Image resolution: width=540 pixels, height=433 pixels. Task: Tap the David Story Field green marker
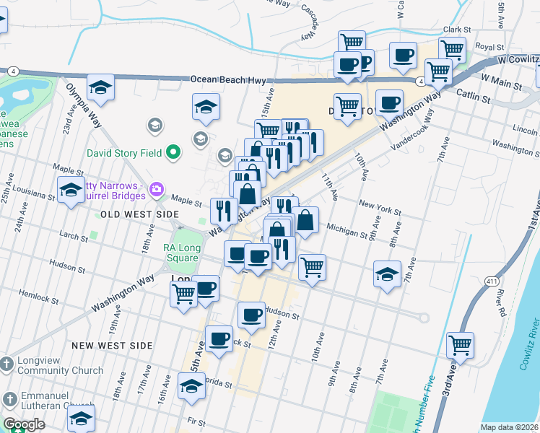[172, 152]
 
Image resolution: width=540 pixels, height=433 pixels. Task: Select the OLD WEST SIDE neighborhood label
[139, 214]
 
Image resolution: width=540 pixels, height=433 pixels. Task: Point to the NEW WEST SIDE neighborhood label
[112, 346]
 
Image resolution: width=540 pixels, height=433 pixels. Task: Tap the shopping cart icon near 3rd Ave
[460, 345]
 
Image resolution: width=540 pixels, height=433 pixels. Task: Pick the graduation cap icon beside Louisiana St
[70, 191]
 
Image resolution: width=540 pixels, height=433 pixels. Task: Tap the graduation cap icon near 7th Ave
[388, 274]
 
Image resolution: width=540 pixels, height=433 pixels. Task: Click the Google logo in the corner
[23, 424]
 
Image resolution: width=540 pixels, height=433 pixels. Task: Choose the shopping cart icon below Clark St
[452, 49]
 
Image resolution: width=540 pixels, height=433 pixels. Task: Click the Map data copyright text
[509, 427]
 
